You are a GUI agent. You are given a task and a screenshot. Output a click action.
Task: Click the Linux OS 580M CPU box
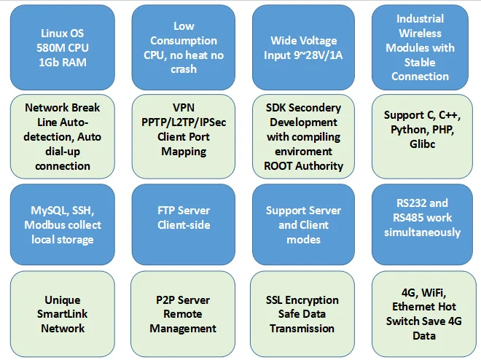point(63,47)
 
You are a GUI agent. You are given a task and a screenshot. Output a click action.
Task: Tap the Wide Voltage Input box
point(305,47)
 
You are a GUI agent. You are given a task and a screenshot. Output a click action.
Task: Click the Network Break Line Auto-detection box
point(63,136)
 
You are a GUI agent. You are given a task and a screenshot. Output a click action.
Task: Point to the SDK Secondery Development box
point(303,136)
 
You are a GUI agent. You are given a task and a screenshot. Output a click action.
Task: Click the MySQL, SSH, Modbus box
point(63,224)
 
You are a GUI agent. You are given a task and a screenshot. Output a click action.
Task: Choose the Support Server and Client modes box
point(303,224)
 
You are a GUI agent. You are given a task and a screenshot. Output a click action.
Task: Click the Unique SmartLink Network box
point(63,314)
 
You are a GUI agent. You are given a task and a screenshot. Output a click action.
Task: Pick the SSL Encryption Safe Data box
point(303,314)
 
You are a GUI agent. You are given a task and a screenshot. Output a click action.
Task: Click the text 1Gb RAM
point(63,62)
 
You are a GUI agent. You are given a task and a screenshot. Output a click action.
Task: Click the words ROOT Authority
point(303,165)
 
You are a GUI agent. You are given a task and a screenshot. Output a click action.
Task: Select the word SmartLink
point(63,314)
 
